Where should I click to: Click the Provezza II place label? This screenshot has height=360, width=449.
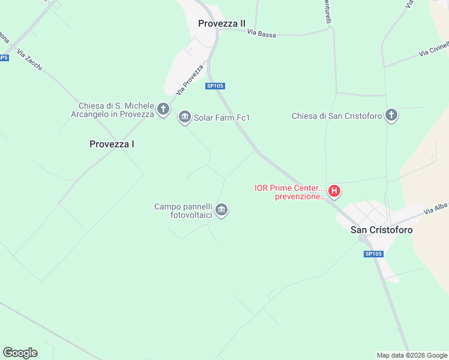tap(221, 23)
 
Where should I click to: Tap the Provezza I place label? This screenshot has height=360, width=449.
tap(112, 144)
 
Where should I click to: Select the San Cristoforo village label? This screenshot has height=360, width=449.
tap(382, 230)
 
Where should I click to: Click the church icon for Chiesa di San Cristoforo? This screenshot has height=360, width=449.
tap(391, 115)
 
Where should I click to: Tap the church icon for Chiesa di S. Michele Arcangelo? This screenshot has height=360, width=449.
tap(163, 110)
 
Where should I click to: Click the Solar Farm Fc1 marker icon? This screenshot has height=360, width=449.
tap(184, 117)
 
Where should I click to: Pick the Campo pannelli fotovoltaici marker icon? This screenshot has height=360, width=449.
tap(221, 210)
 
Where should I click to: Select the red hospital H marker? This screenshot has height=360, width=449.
tap(335, 192)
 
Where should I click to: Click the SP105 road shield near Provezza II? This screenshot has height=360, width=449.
tap(215, 86)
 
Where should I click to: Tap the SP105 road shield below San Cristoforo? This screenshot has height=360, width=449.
tap(373, 254)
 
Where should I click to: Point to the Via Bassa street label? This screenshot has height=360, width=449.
tap(262, 34)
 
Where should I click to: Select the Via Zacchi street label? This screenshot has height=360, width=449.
tap(30, 61)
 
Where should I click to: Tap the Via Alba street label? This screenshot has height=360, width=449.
tap(436, 209)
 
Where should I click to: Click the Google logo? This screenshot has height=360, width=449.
tap(20, 352)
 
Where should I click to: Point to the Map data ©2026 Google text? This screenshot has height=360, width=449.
tap(412, 355)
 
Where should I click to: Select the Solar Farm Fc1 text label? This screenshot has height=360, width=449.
tap(221, 118)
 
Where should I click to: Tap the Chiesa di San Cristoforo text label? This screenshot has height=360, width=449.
tap(337, 116)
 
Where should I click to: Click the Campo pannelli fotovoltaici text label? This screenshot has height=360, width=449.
tap(183, 211)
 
